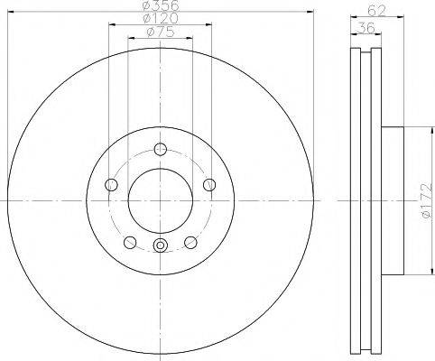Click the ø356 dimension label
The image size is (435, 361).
point(161,5)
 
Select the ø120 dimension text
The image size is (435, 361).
point(161,18)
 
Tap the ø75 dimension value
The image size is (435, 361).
point(161,32)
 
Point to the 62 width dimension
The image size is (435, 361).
point(376,11)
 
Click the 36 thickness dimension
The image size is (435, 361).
point(366,28)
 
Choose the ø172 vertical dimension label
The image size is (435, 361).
point(427,201)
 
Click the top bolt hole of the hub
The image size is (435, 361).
point(161,149)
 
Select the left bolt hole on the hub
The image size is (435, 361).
point(111,184)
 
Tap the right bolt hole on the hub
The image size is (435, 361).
point(209,184)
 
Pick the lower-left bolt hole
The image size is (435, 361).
point(130,242)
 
